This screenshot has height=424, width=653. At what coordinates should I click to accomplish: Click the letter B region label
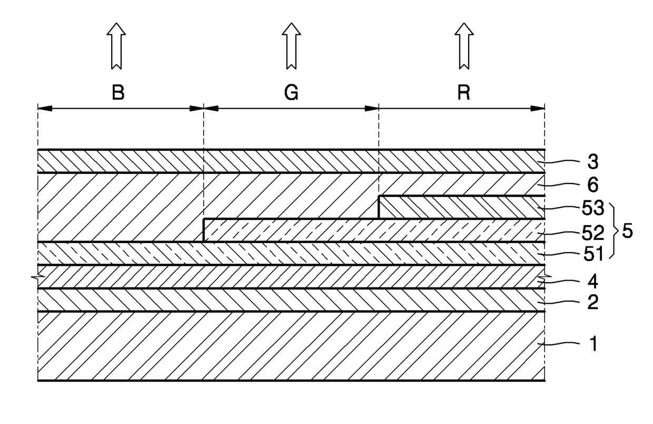[118, 93]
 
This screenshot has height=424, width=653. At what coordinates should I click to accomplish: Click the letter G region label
[291, 93]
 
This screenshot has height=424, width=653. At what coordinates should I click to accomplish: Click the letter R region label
[463, 93]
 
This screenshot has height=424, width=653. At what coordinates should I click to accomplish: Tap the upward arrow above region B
[116, 46]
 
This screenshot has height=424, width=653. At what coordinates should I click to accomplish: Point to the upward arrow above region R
[464, 46]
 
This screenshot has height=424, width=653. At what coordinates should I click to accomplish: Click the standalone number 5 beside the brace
[627, 231]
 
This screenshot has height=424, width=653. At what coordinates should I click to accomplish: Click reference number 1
[593, 345]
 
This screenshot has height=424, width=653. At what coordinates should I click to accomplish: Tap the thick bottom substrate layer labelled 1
[290, 346]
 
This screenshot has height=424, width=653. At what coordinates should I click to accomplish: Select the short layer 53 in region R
[461, 207]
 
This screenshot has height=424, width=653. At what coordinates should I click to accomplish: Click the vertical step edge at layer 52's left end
[204, 230]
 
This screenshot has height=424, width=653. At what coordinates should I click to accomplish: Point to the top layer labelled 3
[290, 161]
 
